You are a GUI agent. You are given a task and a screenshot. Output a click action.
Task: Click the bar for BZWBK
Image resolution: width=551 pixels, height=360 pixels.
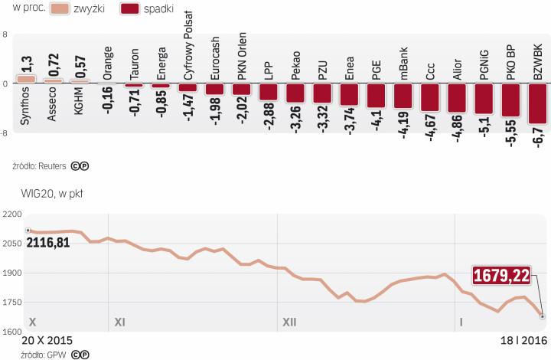[x=537, y=103]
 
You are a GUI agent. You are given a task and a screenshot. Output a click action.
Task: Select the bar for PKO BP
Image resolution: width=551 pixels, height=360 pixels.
[x=510, y=100]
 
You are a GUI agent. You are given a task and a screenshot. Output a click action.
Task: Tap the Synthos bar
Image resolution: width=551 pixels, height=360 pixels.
[x=26, y=79]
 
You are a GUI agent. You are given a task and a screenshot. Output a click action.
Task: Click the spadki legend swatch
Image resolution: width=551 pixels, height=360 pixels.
[x=139, y=10]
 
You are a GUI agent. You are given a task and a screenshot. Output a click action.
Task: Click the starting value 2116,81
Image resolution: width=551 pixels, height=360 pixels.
[x=53, y=243]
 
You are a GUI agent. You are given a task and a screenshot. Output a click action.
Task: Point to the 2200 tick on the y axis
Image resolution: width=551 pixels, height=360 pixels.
[x=11, y=213]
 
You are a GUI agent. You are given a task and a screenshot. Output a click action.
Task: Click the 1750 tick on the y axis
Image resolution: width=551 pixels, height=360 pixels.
[x=11, y=303]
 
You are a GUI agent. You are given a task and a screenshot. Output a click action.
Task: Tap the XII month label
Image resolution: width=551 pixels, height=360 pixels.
[x=289, y=322]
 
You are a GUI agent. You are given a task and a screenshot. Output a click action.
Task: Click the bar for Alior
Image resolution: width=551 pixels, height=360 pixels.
[x=457, y=97]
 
